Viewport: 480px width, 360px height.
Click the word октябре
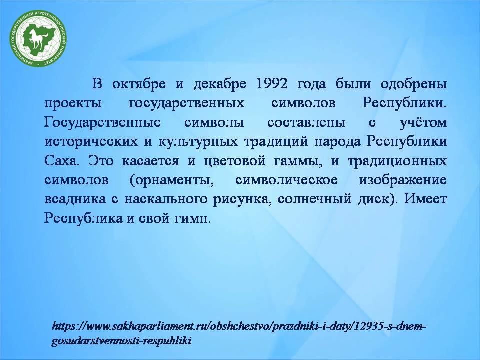(139, 83)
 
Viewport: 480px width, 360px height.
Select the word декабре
(220, 83)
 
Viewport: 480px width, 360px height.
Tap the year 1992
(271, 83)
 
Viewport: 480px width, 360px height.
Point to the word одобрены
(414, 84)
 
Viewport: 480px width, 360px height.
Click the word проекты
(73, 103)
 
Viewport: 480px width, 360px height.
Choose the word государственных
(186, 103)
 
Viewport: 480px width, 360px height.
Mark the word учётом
(423, 122)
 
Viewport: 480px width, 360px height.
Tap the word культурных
(198, 141)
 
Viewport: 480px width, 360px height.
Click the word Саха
(60, 160)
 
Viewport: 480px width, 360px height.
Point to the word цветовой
(235, 161)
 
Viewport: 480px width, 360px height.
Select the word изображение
(403, 180)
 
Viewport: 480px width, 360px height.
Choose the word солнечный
(315, 199)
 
